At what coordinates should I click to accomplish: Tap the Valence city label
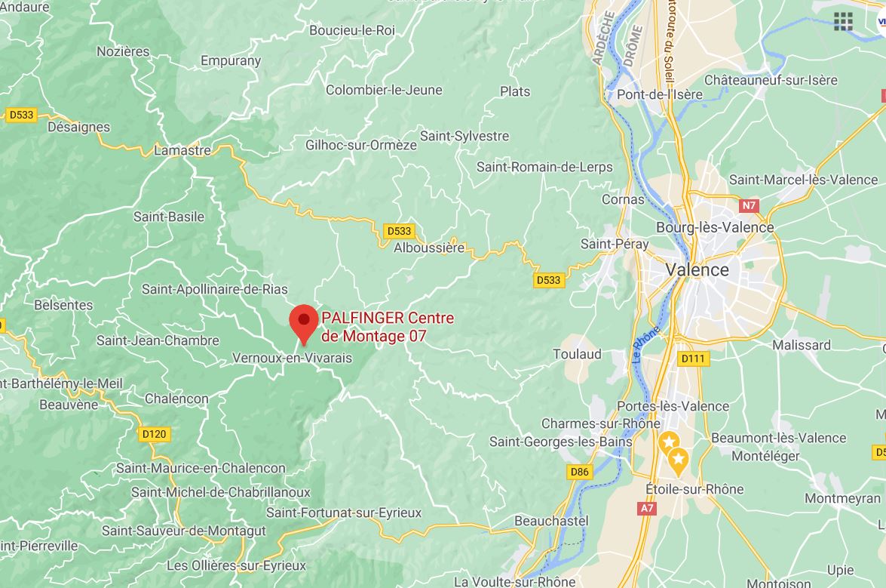pyautogui.click(x=697, y=269)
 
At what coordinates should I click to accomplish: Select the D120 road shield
pyautogui.click(x=154, y=434)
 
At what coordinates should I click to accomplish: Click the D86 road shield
pyautogui.click(x=579, y=472)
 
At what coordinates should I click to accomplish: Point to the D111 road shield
pyautogui.click(x=693, y=359)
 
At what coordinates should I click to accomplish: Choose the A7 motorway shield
pyautogui.click(x=647, y=509)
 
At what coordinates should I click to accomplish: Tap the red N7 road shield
pyautogui.click(x=749, y=205)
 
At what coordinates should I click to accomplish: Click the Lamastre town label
pyautogui.click(x=182, y=150)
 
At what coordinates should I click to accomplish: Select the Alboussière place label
pyautogui.click(x=430, y=247)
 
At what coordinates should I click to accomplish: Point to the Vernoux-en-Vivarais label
pyautogui.click(x=293, y=358)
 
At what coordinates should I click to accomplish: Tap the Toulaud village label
pyautogui.click(x=577, y=354)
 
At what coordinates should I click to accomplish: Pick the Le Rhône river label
pyautogui.click(x=646, y=345)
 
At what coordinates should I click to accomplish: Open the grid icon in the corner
pyautogui.click(x=843, y=21)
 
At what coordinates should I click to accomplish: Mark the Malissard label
pyautogui.click(x=802, y=345)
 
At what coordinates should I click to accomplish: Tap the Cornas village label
pyautogui.click(x=623, y=199)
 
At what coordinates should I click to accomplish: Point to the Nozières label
pyautogui.click(x=124, y=51)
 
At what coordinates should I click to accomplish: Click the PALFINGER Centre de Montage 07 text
pyautogui.click(x=388, y=327)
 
